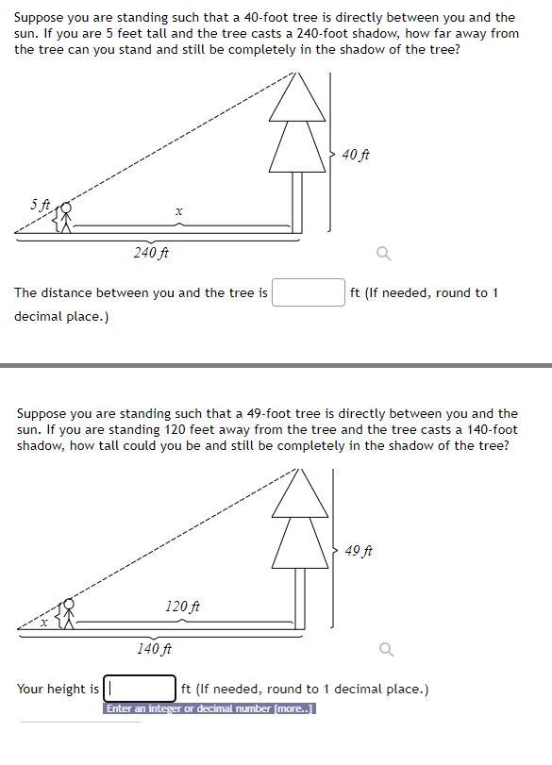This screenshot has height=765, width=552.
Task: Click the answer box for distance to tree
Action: pyautogui.click(x=309, y=292)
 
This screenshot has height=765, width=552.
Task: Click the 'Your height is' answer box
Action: pyautogui.click(x=140, y=689)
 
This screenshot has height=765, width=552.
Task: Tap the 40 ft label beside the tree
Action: pyautogui.click(x=355, y=154)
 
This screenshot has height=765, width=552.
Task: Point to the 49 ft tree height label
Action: pyautogui.click(x=359, y=550)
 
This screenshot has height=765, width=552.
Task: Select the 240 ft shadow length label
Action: pyautogui.click(x=151, y=252)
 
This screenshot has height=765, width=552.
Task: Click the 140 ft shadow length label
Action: pyautogui.click(x=154, y=648)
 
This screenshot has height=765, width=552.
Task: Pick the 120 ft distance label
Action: pyautogui.click(x=182, y=606)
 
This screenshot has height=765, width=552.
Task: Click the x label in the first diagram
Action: pyautogui.click(x=178, y=213)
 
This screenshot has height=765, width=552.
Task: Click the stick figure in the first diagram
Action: pyautogui.click(x=66, y=219)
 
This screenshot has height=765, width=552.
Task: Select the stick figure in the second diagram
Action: pyautogui.click(x=68, y=614)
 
